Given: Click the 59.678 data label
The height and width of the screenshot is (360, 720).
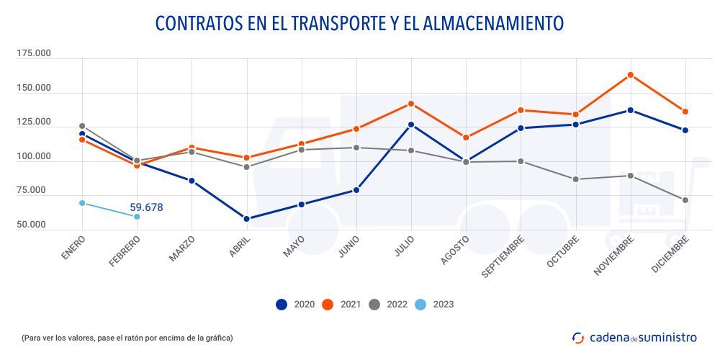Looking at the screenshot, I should [x=146, y=207].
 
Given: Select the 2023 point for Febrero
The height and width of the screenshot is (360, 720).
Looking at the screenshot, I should [x=137, y=217].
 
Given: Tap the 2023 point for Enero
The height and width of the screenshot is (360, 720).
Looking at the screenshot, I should [x=82, y=203].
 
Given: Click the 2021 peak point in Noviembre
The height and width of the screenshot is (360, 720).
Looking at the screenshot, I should [x=630, y=75].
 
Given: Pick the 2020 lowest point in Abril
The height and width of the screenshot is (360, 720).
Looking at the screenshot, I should [x=246, y=219].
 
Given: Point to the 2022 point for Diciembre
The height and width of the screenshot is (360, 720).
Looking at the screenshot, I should [x=685, y=200].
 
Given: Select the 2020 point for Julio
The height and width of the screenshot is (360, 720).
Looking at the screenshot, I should [x=411, y=125].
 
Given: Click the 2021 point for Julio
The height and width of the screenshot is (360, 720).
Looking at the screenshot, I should [x=411, y=104].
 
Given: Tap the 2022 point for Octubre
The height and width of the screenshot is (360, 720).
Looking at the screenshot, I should [x=575, y=179].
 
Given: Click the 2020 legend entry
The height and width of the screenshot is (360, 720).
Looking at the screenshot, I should [x=293, y=305].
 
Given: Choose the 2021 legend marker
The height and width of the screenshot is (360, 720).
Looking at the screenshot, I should [x=327, y=305].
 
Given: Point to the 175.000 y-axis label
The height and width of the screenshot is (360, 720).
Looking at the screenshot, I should [x=33, y=54].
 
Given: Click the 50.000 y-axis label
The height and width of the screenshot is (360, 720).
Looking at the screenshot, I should [x=33, y=225].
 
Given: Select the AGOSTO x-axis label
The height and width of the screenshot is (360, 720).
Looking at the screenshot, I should [x=454, y=251].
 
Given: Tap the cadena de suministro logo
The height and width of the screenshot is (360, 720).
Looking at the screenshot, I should [x=634, y=337].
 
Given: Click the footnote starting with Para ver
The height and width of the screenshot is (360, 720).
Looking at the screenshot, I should [x=127, y=337].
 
